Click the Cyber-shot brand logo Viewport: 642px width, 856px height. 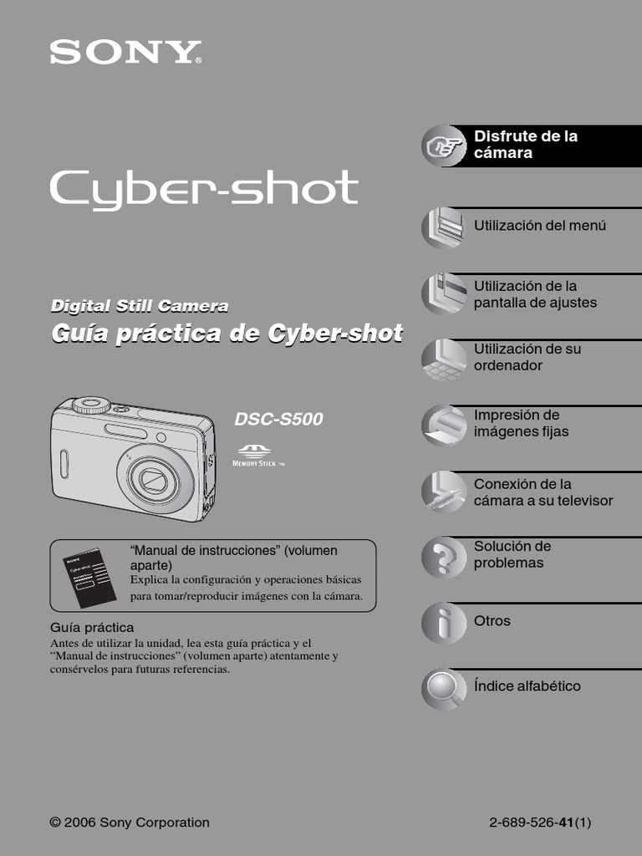point(204,190)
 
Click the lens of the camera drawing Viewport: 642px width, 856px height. point(154,479)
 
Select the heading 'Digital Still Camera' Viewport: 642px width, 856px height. point(140,307)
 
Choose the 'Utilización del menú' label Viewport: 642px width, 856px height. point(539,226)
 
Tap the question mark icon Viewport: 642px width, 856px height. point(443,555)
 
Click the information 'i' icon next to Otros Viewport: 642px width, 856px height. point(443,622)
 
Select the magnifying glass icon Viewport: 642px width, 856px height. point(441,687)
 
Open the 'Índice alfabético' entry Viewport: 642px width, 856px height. point(527,686)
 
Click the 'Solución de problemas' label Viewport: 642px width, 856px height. point(512,554)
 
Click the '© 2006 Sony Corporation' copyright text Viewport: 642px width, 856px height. point(130,823)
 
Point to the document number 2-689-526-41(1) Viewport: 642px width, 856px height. point(540,823)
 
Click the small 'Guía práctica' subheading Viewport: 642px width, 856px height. point(92,627)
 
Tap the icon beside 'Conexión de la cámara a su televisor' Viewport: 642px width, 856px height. point(443,492)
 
